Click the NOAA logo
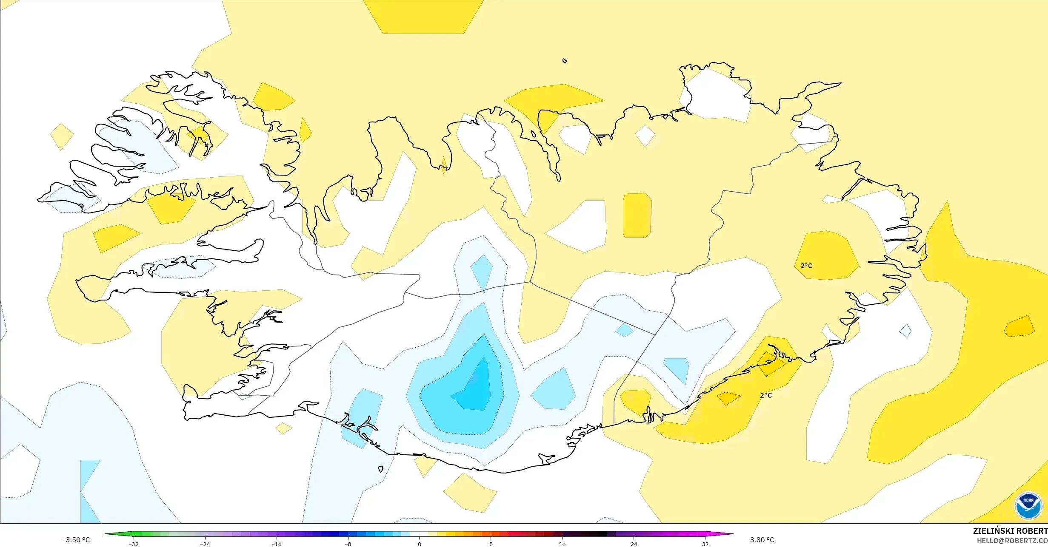tap(1028, 506)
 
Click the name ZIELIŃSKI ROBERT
tap(1010, 531)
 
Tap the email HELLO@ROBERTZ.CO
tap(1012, 541)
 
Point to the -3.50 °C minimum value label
tap(77, 540)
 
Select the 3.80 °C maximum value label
tap(762, 540)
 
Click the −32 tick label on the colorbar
tap(134, 544)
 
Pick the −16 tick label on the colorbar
tap(277, 544)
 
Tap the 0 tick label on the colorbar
tap(420, 544)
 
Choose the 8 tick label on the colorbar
tap(491, 544)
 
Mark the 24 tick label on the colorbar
tap(634, 544)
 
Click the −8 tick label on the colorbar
tap(348, 544)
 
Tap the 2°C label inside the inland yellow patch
tap(806, 266)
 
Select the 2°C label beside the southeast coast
tap(766, 396)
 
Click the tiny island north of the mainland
tap(565, 61)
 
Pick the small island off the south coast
tap(380, 469)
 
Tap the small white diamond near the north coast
tap(645, 136)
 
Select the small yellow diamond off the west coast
tap(62, 136)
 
